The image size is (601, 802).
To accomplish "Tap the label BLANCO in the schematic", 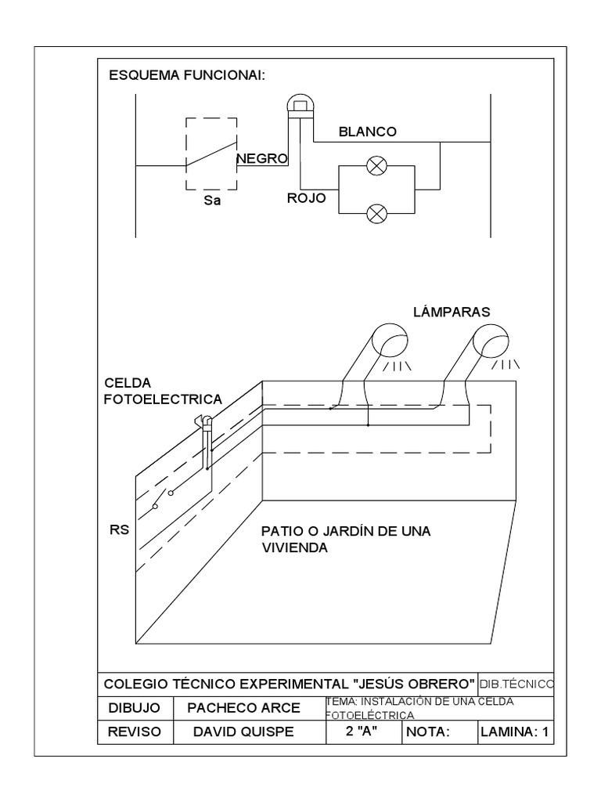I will [x=368, y=132].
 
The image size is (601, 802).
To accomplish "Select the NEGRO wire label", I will [x=262, y=158].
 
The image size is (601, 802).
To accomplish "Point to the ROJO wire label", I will [x=306, y=199].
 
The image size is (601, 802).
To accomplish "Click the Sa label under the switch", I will [x=211, y=200].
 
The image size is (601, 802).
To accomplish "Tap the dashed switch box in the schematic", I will [x=211, y=153].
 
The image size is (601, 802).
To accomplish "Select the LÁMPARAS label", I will [x=452, y=312].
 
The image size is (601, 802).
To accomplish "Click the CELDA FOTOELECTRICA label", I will [x=163, y=391].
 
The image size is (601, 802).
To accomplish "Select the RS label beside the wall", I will [x=118, y=529].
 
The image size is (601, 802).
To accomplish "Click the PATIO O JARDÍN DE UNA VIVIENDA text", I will [x=346, y=540].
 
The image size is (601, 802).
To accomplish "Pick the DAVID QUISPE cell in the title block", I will [x=243, y=732].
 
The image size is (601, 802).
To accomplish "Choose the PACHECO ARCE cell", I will [x=243, y=708].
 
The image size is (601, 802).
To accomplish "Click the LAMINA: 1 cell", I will [x=516, y=732].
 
